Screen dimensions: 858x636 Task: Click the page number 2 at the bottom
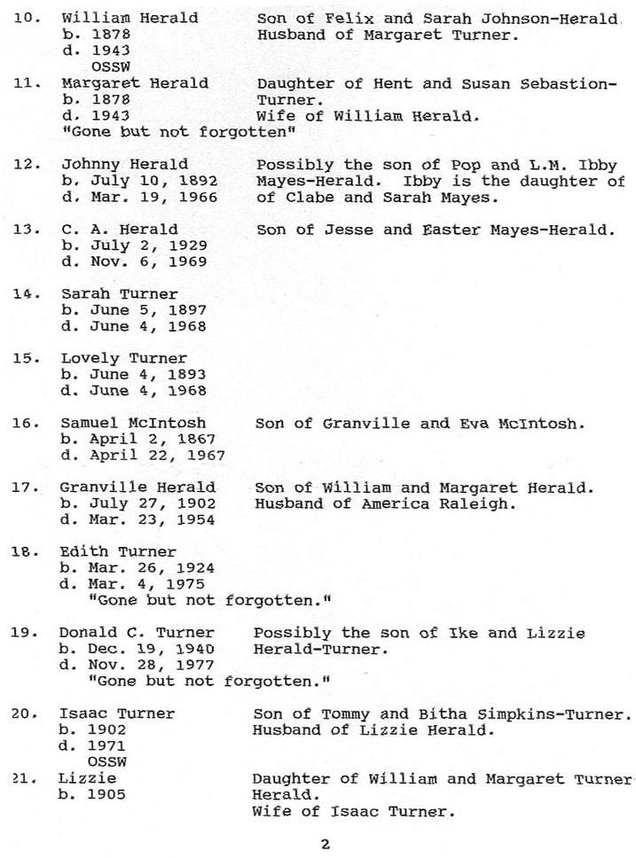coord(326,843)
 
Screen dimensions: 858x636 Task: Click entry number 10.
coord(28,18)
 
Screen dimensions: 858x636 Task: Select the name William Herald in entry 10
coord(130,18)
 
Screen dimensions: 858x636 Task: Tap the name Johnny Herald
coord(124,164)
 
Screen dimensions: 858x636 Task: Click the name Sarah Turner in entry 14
coord(120,293)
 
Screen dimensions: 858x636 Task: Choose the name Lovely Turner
coord(124,358)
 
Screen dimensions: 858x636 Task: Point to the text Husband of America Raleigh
coord(385,504)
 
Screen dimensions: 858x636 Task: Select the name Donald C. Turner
coord(137,633)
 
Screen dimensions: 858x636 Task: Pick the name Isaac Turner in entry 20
coord(117,714)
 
